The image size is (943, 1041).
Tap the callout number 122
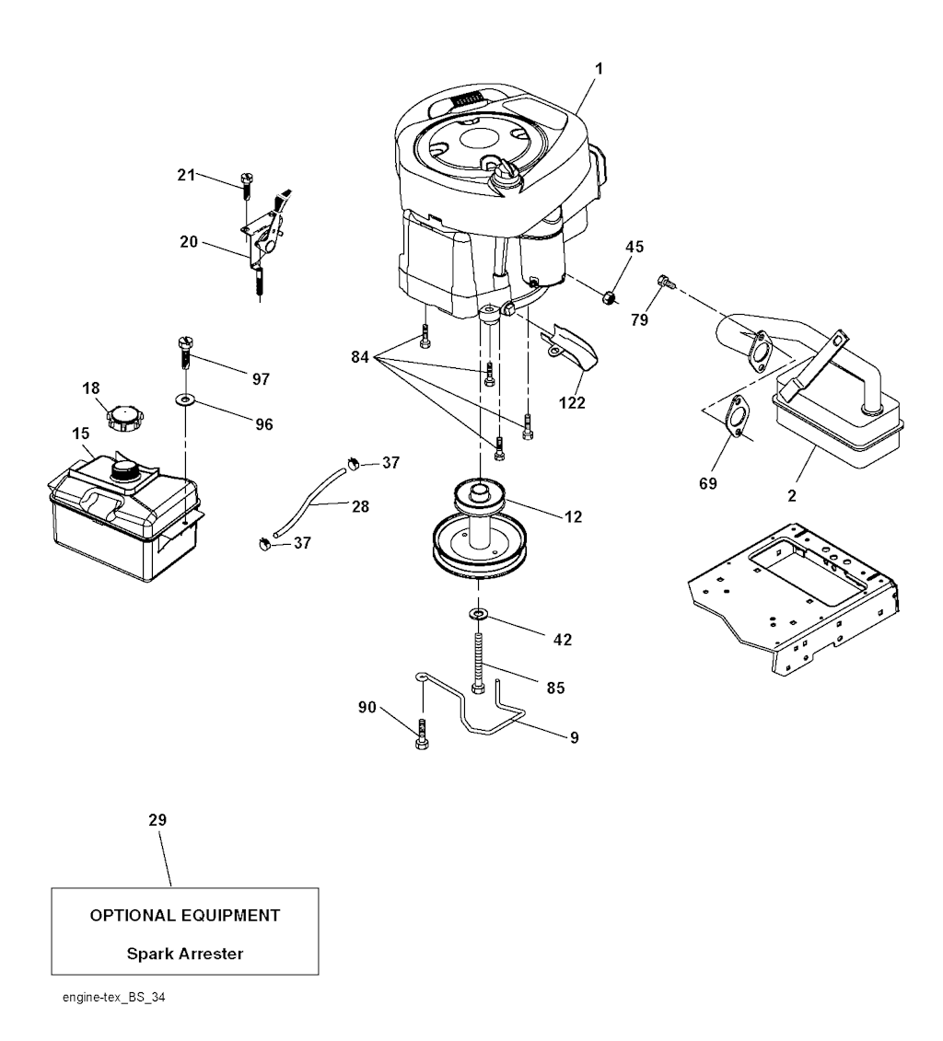pos(571,402)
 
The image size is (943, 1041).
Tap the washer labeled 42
pos(479,613)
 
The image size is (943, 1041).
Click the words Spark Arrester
pos(185,954)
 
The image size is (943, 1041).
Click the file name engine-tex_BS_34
pos(106,997)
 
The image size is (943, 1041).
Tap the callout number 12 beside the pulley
pos(574,517)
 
